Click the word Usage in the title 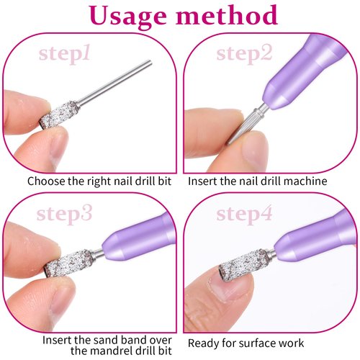129,17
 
